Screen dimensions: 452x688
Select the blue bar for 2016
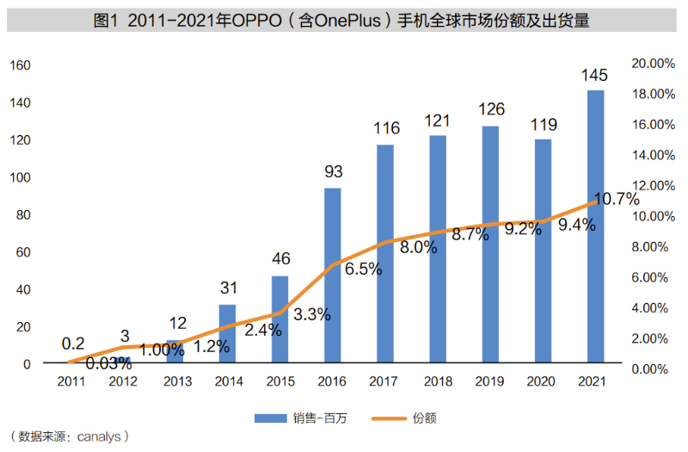(332, 276)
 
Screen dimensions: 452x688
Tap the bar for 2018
(438, 249)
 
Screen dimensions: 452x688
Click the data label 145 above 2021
(595, 76)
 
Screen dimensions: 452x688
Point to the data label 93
(333, 172)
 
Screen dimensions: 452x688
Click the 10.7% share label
(616, 200)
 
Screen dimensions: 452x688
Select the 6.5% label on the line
(363, 269)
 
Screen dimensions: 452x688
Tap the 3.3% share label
(311, 314)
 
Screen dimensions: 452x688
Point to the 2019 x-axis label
(490, 381)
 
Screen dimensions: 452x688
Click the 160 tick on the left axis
(21, 65)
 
